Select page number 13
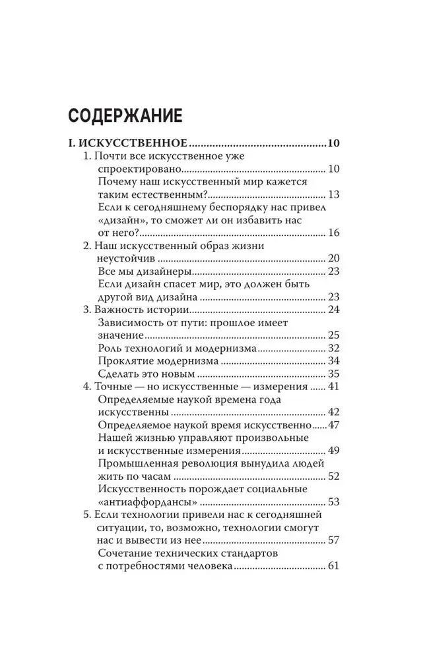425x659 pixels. (x=333, y=195)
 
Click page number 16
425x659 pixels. (x=333, y=233)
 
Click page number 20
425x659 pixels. (x=333, y=259)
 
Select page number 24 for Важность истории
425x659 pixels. (x=333, y=310)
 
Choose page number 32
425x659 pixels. (x=333, y=348)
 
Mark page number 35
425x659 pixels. (x=333, y=374)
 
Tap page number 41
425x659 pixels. (x=333, y=387)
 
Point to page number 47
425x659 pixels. (x=333, y=425)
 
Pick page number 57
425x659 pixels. (x=333, y=540)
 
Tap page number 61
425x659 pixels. (x=333, y=566)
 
